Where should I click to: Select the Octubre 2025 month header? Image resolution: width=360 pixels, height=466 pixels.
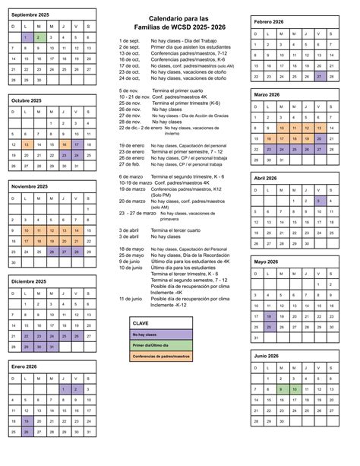coord(26,100)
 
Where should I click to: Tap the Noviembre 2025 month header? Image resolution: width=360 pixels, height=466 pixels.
coord(29,186)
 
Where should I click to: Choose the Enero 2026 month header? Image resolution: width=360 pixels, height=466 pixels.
coord(24,366)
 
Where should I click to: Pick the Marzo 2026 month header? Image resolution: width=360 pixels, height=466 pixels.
coord(267,94)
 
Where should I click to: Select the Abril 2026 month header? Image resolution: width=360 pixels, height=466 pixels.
coord(266,177)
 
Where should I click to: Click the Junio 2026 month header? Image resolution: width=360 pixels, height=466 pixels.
coord(267,355)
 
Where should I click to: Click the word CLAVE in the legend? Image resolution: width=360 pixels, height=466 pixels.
coord(141,323)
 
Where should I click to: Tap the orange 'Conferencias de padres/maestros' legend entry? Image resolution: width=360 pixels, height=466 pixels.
coord(160,357)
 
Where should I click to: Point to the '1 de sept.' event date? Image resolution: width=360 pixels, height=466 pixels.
coord(129,40)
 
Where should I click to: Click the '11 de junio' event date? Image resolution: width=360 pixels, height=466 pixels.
coord(131,299)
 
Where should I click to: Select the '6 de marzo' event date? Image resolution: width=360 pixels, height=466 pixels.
coord(131,176)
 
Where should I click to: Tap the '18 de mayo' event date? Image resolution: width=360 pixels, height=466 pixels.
coord(131,249)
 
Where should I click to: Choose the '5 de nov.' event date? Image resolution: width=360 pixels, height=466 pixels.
coord(129,90)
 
